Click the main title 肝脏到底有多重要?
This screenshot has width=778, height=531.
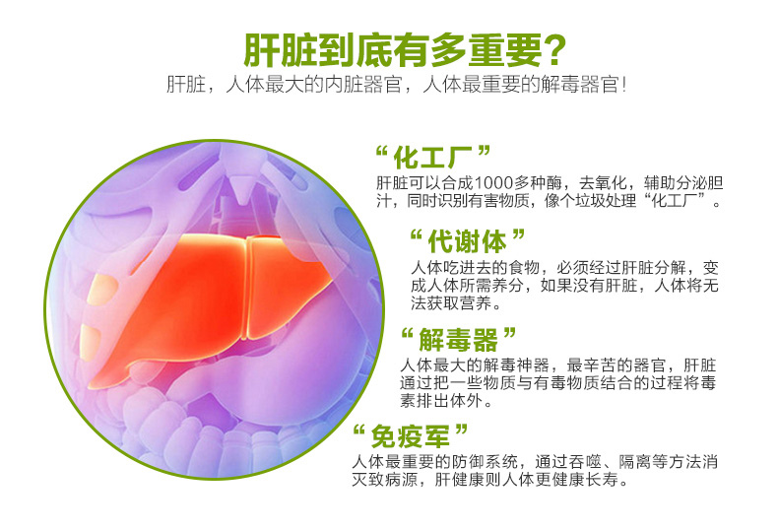[x=405, y=49]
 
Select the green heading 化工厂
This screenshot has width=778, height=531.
[x=432, y=158]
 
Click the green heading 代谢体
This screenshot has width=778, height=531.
[x=467, y=241]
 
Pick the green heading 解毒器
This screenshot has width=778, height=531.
[x=458, y=340]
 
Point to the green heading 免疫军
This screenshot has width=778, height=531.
[x=410, y=436]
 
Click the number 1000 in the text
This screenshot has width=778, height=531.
[x=493, y=183]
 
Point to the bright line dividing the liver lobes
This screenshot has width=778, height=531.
[x=247, y=288]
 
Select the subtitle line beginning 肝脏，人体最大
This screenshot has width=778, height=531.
[x=397, y=85]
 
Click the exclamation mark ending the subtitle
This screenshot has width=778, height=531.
[x=623, y=85]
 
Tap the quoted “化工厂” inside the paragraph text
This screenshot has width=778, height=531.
[x=676, y=201]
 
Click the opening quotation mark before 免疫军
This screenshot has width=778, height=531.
[x=359, y=430]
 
